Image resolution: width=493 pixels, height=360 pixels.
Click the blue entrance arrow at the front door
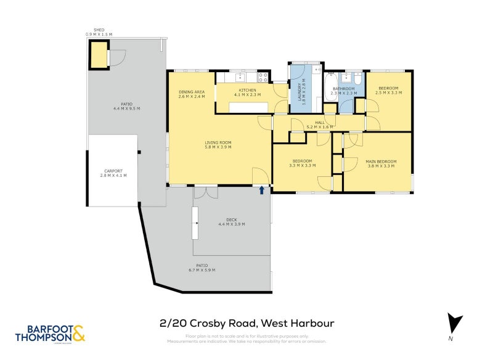pyautogui.click(x=263, y=190)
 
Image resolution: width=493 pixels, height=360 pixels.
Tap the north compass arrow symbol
pyautogui.click(x=454, y=324)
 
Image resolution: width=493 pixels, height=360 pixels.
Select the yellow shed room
pyautogui.click(x=99, y=55)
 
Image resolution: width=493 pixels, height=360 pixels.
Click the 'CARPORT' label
pyautogui.click(x=113, y=171)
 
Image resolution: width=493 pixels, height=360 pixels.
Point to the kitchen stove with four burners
pyautogui.click(x=263, y=78)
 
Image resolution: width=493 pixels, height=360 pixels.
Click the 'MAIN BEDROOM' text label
pyautogui.click(x=382, y=162)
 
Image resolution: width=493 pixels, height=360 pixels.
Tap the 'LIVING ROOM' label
pyautogui.click(x=218, y=142)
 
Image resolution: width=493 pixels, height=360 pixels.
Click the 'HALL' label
pyautogui.click(x=319, y=123)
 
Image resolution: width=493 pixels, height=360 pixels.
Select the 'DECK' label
pyautogui.click(x=231, y=219)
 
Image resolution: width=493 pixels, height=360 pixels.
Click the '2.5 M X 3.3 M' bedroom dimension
pyautogui.click(x=388, y=92)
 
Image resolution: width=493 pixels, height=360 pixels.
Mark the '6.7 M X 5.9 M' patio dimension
pyautogui.click(x=202, y=270)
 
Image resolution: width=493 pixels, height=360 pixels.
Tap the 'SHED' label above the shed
pyautogui.click(x=99, y=30)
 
